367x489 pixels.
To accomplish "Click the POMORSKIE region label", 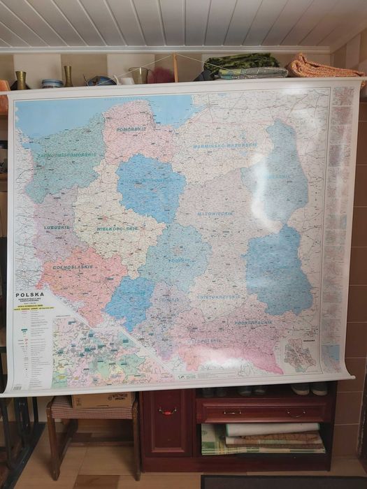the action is point(131,129).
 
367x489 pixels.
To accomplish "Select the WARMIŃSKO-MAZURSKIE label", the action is point(225,146).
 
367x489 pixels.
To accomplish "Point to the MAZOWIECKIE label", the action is point(215,214).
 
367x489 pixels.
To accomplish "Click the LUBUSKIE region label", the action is point(57,227).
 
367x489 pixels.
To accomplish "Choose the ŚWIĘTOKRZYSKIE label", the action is point(218,296).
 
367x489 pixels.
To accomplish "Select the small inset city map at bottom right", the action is point(300,355).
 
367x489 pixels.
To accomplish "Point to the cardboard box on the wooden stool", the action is point(102,400).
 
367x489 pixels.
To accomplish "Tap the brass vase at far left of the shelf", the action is point(20,80).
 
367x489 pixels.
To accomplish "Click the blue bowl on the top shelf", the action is point(52,83).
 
